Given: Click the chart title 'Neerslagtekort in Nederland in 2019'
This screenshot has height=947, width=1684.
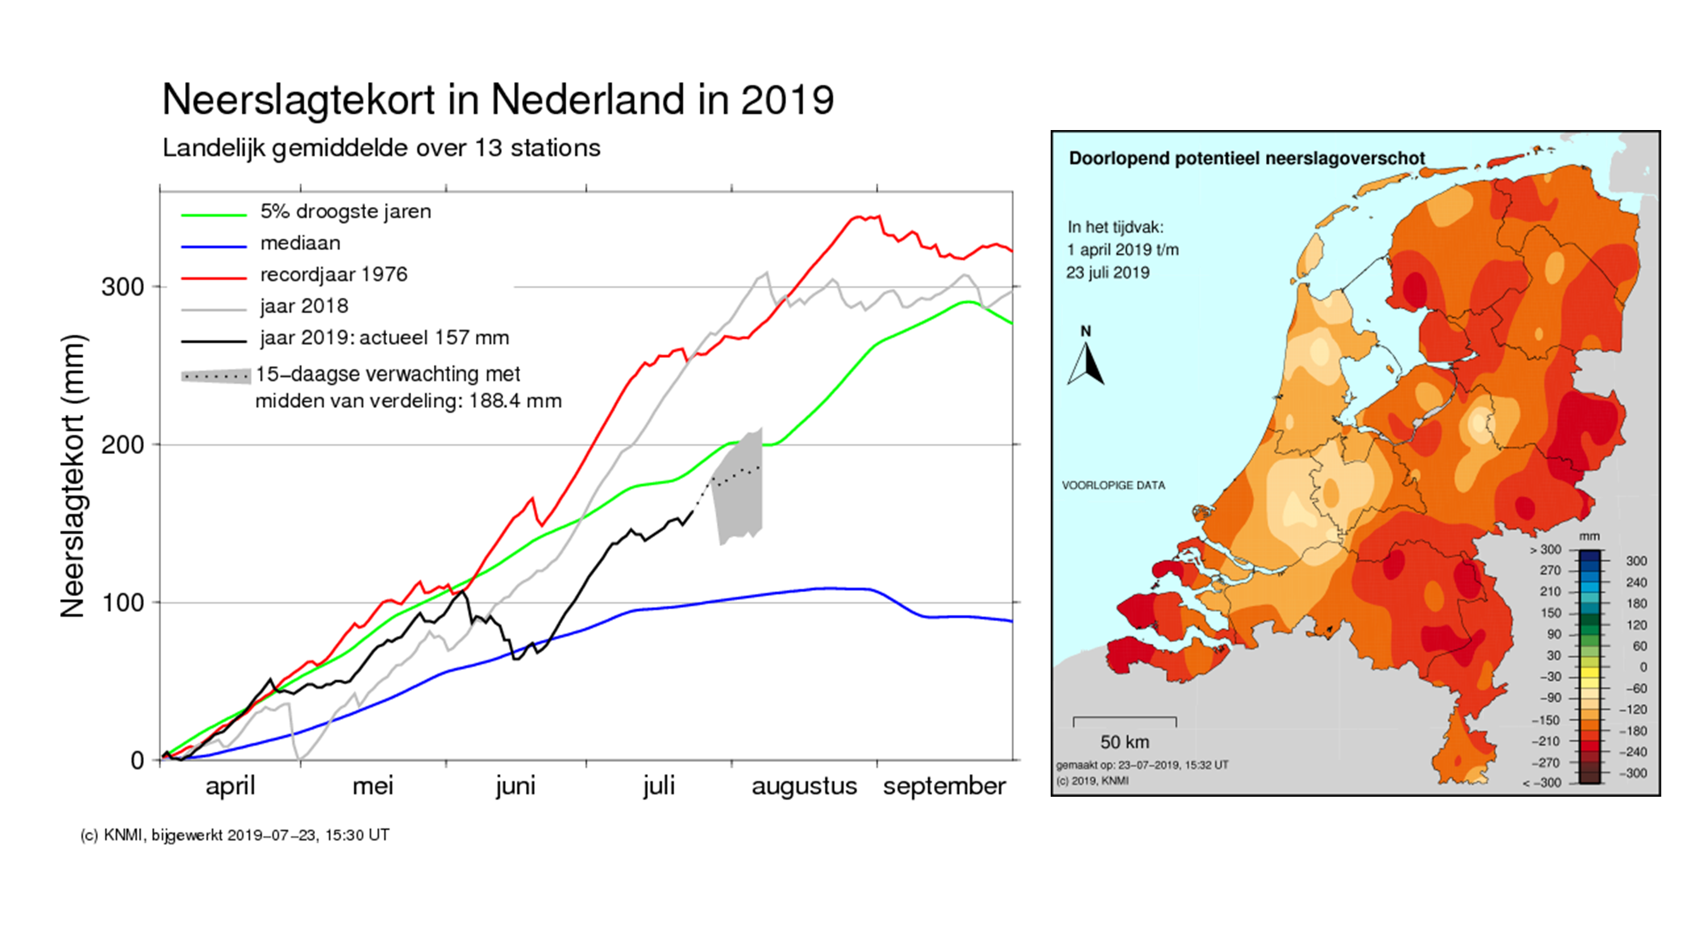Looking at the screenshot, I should pos(498,100).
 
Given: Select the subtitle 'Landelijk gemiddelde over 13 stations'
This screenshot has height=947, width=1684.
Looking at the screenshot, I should pos(381,148).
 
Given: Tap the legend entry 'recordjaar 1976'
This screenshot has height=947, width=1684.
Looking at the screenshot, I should pos(333,275).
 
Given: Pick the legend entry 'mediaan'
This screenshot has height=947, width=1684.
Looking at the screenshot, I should pos(300,243).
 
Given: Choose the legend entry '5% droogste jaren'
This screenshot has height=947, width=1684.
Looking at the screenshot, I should pos(345,211).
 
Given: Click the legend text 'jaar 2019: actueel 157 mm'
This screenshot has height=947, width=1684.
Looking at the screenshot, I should pos(384,338).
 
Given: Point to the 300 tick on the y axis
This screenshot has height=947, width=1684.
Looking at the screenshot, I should pos(122,287).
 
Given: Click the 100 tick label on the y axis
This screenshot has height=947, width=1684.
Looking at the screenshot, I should pos(122,602).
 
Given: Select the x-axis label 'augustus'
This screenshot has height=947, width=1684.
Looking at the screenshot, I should pos(803,786).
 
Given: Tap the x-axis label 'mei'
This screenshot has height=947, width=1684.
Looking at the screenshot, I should pos(373,786).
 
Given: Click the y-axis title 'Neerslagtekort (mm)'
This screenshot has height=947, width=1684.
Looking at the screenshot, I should pos(73,476).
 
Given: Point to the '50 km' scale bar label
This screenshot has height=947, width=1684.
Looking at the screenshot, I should pos(1125,742).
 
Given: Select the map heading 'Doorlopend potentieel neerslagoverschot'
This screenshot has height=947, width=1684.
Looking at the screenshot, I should pos(1246,159).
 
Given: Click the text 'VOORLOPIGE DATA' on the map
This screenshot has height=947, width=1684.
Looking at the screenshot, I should pos(1113,485).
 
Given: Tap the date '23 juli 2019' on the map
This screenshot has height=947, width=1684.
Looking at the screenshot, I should pos(1108,273).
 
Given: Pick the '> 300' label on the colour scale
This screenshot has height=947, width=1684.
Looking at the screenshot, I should pos(1546,550).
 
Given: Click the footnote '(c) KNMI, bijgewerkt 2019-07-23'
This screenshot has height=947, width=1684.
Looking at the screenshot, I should pos(235,835).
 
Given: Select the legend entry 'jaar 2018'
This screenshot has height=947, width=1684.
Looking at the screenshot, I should pos(304,306).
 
